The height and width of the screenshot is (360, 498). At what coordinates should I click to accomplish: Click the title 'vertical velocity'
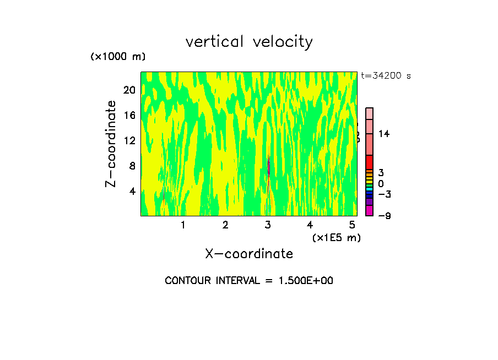pyautogui.click(x=249, y=42)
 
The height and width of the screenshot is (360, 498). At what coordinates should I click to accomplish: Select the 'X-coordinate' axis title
pyautogui.click(x=249, y=253)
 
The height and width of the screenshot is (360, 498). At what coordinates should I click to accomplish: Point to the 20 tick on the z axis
pyautogui.click(x=129, y=90)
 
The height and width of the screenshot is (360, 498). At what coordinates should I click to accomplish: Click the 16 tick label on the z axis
pyautogui.click(x=129, y=115)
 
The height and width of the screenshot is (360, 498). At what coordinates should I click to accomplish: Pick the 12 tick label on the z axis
pyautogui.click(x=129, y=140)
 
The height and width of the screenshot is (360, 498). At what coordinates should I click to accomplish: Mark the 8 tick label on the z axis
pyautogui.click(x=132, y=166)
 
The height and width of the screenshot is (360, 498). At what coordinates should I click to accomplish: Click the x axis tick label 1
pyautogui.click(x=183, y=225)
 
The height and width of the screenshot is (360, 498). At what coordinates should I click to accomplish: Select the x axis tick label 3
pyautogui.click(x=268, y=225)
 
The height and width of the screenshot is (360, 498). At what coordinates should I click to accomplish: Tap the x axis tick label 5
pyautogui.click(x=352, y=225)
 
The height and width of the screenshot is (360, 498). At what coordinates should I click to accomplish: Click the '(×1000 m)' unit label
pyautogui.click(x=118, y=57)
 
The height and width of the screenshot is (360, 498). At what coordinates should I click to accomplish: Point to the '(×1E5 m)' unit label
pyautogui.click(x=336, y=237)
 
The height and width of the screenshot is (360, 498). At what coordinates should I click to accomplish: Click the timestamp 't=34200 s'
pyautogui.click(x=386, y=76)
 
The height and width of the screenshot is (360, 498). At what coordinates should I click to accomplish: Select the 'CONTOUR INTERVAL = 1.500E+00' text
pyautogui.click(x=249, y=281)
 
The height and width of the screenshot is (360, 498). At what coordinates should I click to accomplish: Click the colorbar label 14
pyautogui.click(x=384, y=134)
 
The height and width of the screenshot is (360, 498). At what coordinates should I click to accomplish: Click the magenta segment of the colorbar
pyautogui.click(x=370, y=210)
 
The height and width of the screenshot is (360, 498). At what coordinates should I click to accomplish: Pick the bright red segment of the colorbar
pyautogui.click(x=370, y=162)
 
